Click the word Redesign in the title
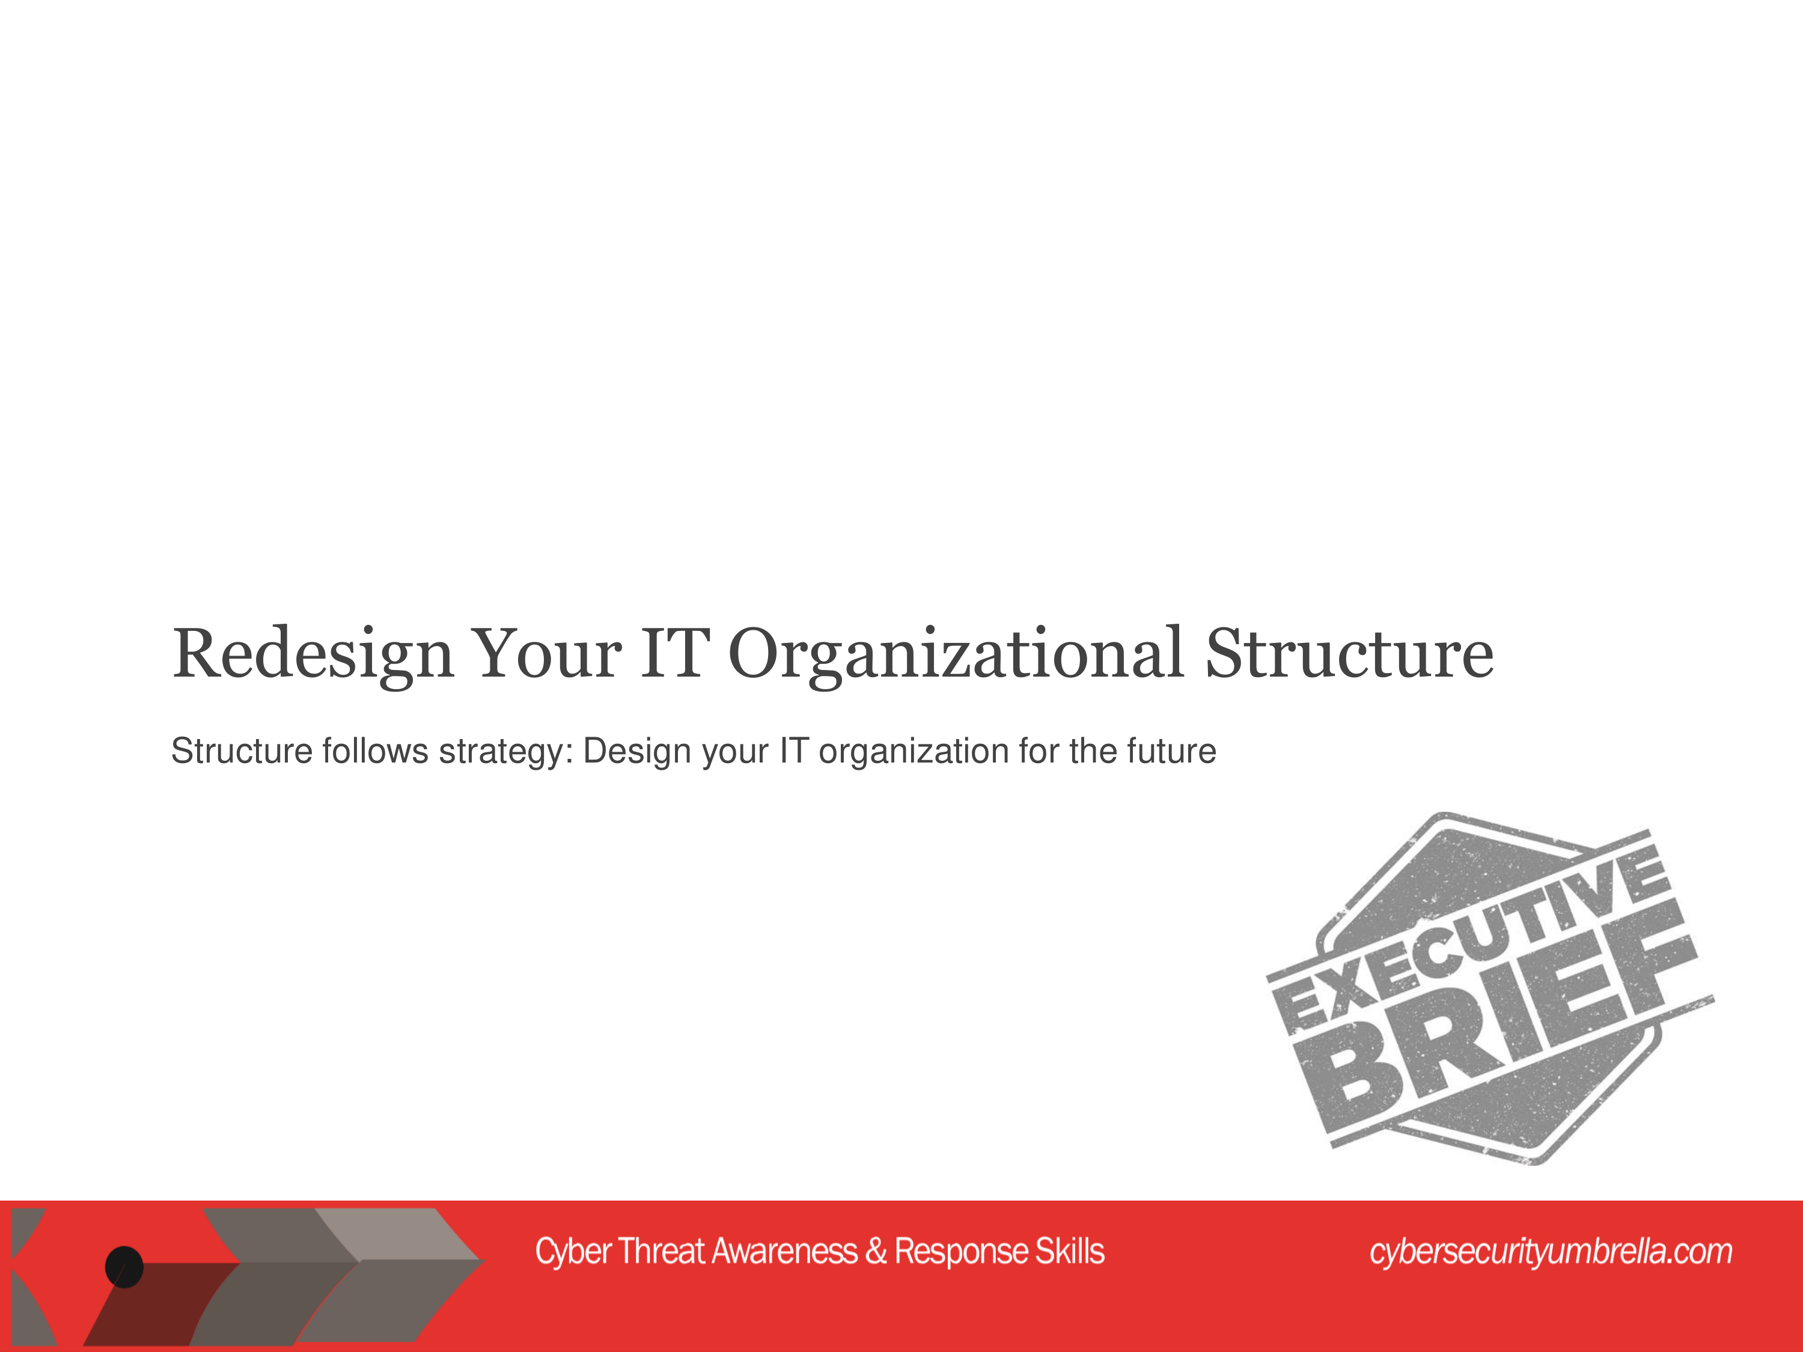[312, 655]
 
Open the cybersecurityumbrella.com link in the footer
[1551, 1252]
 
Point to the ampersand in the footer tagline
[876, 1252]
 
